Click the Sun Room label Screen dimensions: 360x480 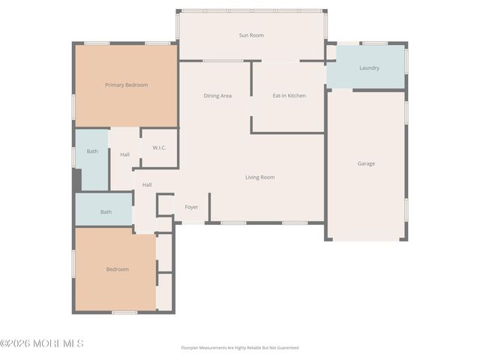click(251, 35)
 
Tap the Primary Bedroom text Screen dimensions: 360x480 click(126, 85)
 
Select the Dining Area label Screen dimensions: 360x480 click(217, 95)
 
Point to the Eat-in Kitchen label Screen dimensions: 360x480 click(289, 95)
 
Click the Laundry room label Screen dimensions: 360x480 click(369, 67)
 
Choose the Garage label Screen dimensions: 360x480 click(366, 163)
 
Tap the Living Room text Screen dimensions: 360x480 click(259, 177)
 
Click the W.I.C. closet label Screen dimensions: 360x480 click(159, 148)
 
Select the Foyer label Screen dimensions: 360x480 click(191, 206)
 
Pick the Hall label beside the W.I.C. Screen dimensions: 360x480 click(124, 154)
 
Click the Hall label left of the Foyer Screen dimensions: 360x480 click(147, 184)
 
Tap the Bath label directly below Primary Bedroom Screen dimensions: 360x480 click(92, 151)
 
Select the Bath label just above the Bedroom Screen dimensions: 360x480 click(106, 211)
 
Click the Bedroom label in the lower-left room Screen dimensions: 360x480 click(117, 269)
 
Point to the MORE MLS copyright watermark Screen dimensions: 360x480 click(42, 343)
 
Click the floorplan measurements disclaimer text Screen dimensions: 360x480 click(239, 348)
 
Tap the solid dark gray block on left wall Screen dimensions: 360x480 click(76, 179)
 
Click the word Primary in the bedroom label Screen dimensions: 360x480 click(115, 85)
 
